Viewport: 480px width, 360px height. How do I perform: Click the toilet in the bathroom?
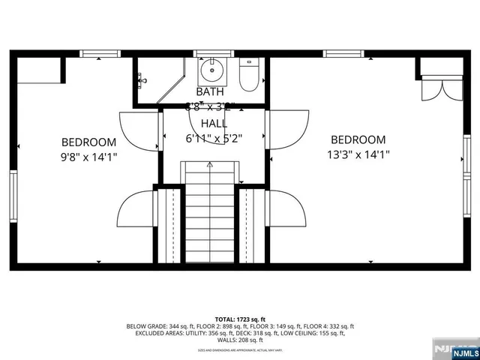pos(248,76)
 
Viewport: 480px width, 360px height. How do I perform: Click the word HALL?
pos(213,123)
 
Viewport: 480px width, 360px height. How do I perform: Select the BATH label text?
pos(210,91)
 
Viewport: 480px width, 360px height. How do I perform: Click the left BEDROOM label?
pos(88,142)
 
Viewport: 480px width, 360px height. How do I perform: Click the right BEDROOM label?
pos(358,139)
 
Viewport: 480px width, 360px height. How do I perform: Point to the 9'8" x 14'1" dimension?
pos(88,157)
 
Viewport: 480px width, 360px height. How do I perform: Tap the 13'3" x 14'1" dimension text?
pos(358,155)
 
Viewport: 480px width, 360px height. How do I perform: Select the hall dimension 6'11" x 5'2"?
pos(213,139)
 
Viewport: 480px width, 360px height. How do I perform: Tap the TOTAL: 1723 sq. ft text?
pos(239,319)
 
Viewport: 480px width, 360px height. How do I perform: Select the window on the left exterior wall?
pos(13,194)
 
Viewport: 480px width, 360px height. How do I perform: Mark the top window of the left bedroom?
pos(100,53)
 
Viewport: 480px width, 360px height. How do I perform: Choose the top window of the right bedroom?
pos(343,53)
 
